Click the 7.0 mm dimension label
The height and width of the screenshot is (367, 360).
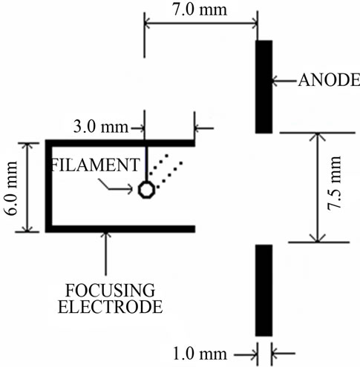pos(200,10)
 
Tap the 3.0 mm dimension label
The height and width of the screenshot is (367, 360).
pos(101,128)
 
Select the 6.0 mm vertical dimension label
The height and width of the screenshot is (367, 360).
pos(10,188)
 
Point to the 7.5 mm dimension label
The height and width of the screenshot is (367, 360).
pos(334,183)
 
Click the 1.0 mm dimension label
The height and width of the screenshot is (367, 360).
pos(200,354)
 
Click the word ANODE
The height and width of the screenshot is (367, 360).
pos(329,80)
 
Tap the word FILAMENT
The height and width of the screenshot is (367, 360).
pos(95,165)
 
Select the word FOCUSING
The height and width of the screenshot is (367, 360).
pos(110,291)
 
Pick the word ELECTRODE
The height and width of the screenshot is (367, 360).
pos(111,307)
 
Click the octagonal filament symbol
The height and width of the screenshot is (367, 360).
pos(147,190)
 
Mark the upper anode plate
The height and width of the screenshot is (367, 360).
pos(264,87)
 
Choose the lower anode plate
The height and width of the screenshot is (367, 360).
pos(264,291)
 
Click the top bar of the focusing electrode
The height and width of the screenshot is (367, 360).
pos(120,143)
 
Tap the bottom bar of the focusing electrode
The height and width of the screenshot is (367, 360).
pos(120,229)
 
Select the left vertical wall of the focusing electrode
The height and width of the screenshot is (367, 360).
pos(49,186)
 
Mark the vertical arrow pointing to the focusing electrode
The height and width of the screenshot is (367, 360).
pos(106,254)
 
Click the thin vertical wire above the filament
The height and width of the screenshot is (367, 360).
pos(146,164)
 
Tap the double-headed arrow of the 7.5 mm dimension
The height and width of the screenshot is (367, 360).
pos(318,188)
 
